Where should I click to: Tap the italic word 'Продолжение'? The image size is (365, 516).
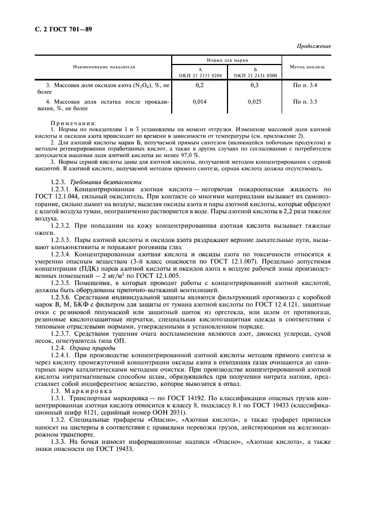coord(314,46)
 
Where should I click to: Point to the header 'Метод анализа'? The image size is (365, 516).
coord(306,67)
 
